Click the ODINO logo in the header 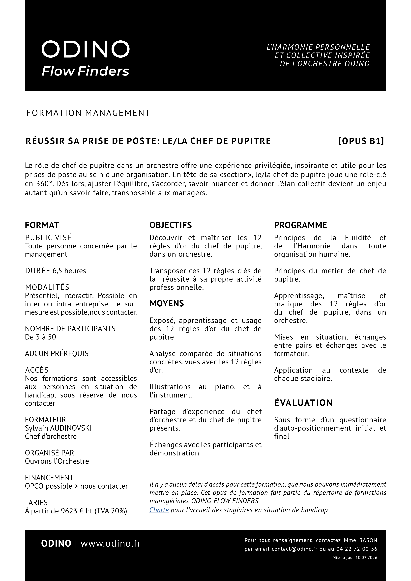[85, 49]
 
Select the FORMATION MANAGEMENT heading [88, 113]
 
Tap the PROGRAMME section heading [300, 225]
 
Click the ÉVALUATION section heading [303, 403]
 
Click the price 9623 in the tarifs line [69, 511]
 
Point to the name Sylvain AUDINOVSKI [58, 428]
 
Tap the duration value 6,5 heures [69, 271]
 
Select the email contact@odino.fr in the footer [294, 549]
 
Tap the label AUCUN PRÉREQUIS [57, 353]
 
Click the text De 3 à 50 [40, 337]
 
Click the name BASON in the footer [368, 540]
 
